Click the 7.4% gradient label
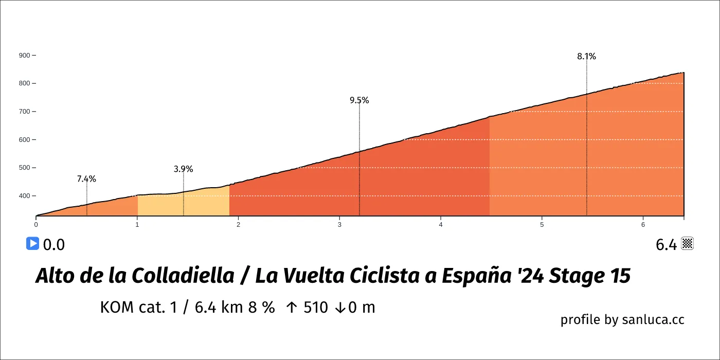click(86, 179)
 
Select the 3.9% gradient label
click(183, 169)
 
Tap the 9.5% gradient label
click(359, 100)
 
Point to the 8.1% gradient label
click(586, 57)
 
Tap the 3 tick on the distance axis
click(339, 225)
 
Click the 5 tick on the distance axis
click(542, 225)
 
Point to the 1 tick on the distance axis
click(137, 225)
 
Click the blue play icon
click(32, 244)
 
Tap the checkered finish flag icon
click(688, 244)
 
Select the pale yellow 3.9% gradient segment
click(183, 203)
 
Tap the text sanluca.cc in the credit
click(653, 319)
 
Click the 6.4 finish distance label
click(666, 245)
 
